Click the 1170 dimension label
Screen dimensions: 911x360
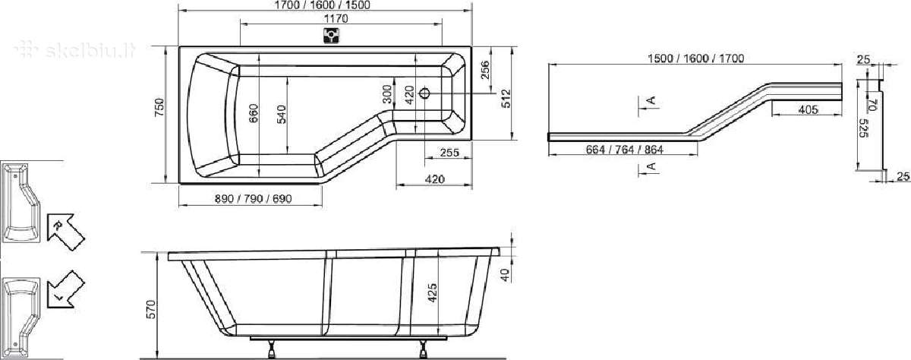click(x=336, y=19)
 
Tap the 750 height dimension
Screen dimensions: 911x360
click(x=159, y=107)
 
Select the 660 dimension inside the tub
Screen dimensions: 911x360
click(x=254, y=115)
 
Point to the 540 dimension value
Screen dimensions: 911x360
click(x=281, y=115)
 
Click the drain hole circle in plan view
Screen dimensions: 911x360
click(x=424, y=93)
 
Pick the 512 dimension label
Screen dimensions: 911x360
click(x=506, y=99)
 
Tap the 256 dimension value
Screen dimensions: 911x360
click(x=484, y=70)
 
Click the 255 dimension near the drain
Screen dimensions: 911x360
click(x=449, y=153)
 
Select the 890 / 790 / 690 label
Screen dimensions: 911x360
click(x=253, y=198)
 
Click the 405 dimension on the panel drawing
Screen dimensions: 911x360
click(x=808, y=109)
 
